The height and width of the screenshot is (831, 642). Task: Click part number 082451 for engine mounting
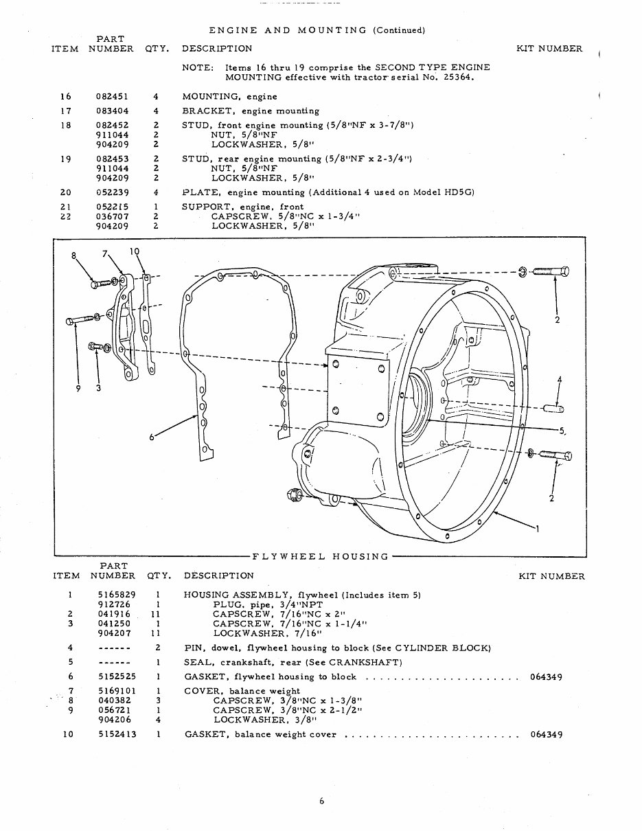(110, 97)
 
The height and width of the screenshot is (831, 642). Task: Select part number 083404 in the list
(110, 111)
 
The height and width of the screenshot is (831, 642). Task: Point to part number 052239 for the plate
(110, 192)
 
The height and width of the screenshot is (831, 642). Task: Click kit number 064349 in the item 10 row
(547, 734)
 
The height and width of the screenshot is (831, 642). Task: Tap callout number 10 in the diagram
(135, 251)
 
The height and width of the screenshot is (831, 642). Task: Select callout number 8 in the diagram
(74, 257)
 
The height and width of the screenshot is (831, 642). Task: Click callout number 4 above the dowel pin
(560, 380)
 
